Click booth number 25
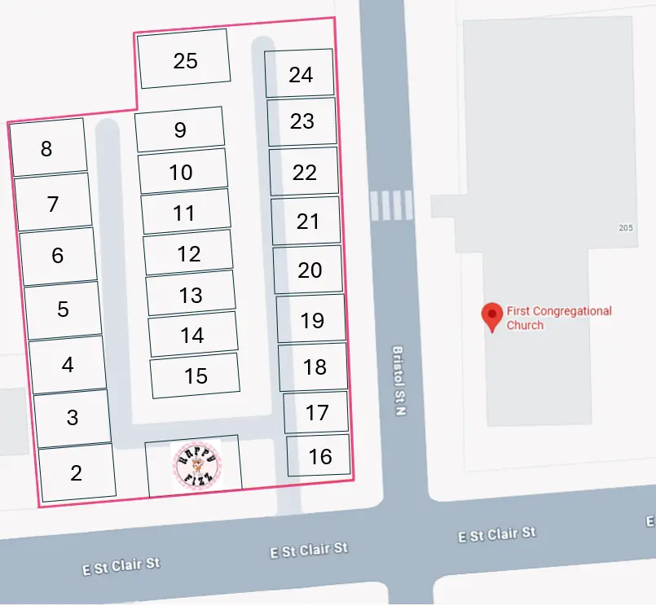pyautogui.click(x=184, y=59)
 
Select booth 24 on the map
pyautogui.click(x=300, y=73)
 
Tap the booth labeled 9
pyautogui.click(x=180, y=130)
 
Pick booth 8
pyautogui.click(x=46, y=148)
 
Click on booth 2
pyautogui.click(x=77, y=472)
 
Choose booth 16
pyautogui.click(x=319, y=456)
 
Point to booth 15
pyautogui.click(x=196, y=375)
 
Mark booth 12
pyautogui.click(x=188, y=253)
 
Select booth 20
pyautogui.click(x=309, y=270)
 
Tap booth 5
pyautogui.click(x=63, y=310)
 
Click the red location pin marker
pyautogui.click(x=491, y=316)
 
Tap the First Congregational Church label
pyautogui.click(x=558, y=318)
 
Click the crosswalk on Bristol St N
pyautogui.click(x=391, y=205)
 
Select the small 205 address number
pyautogui.click(x=625, y=228)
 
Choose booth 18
pyautogui.click(x=314, y=367)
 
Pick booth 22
pyautogui.click(x=304, y=172)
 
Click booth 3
pyautogui.click(x=73, y=418)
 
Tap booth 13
pyautogui.click(x=191, y=294)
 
